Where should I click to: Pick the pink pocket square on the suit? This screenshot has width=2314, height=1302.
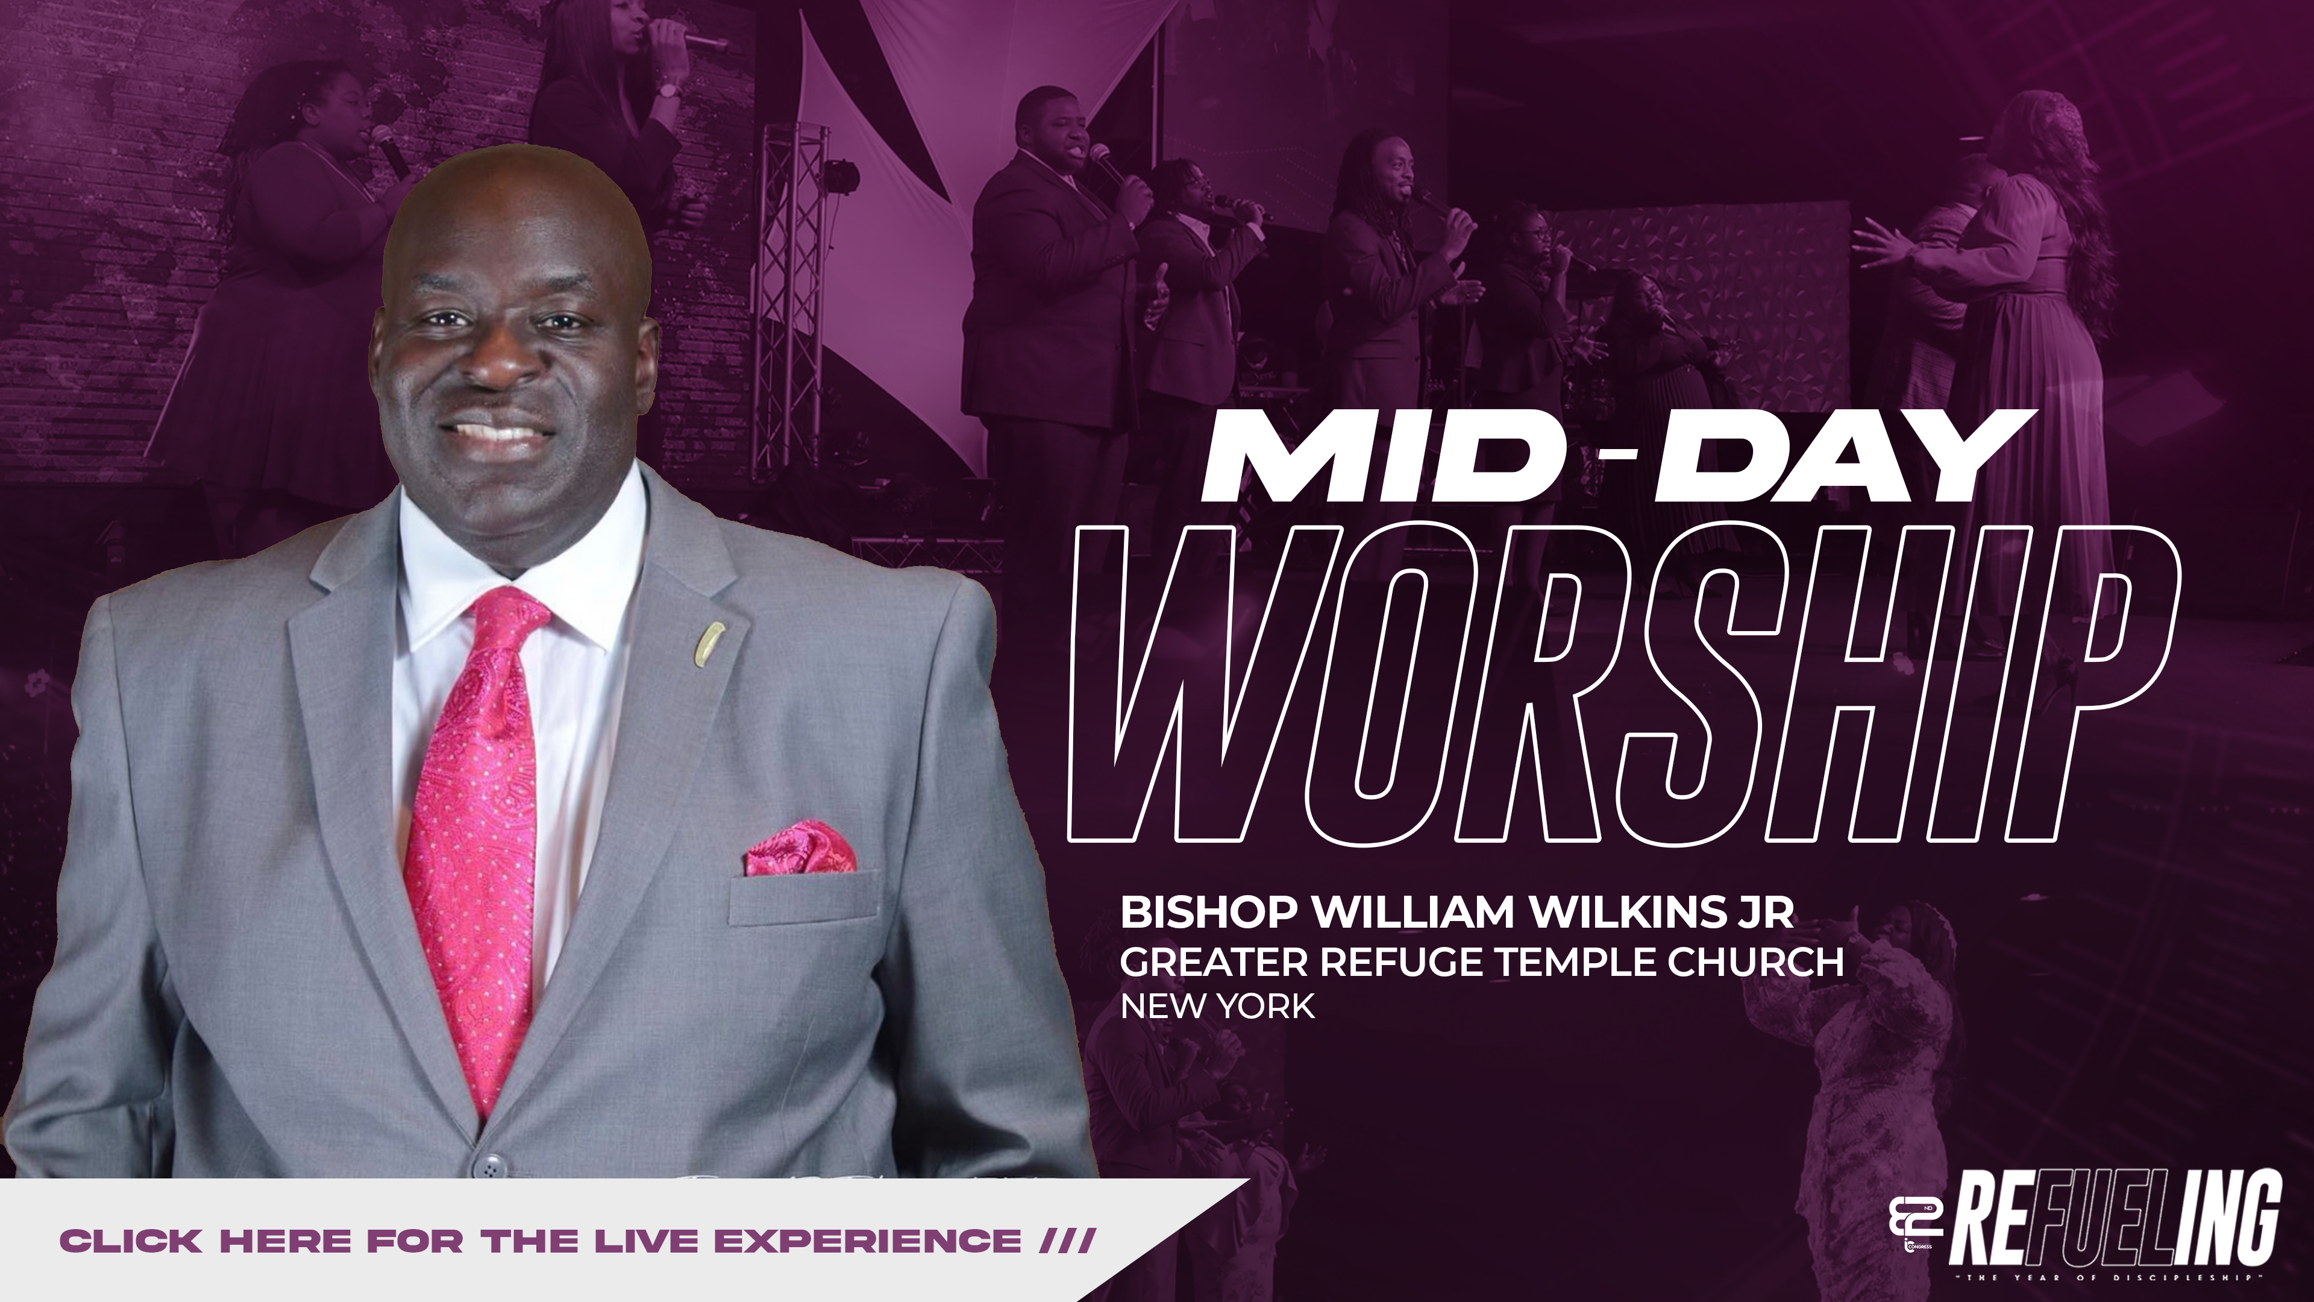(x=800, y=848)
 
